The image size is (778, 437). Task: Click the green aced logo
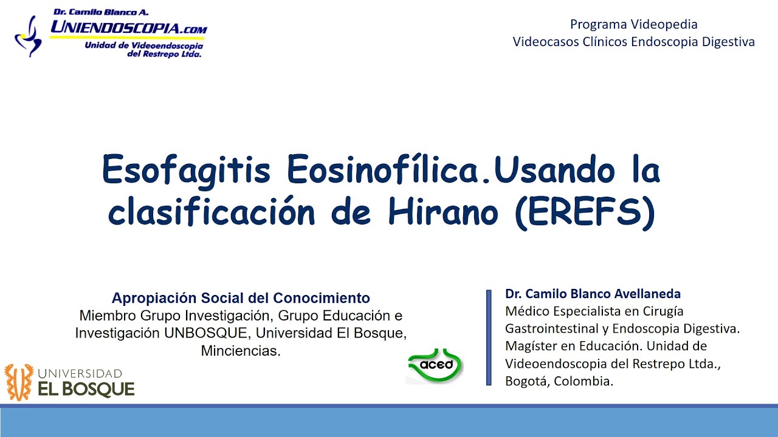(x=436, y=365)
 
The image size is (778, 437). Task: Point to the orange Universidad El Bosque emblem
(x=19, y=382)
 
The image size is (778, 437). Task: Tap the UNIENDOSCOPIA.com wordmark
(x=128, y=27)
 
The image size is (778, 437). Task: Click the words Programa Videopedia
(x=633, y=24)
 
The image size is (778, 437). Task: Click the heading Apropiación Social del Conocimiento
(x=241, y=298)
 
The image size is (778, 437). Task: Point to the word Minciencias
(x=241, y=351)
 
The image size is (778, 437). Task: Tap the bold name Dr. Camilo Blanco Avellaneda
(x=593, y=294)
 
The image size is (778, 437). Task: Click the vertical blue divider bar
(x=489, y=337)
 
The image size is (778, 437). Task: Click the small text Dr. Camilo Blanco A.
(x=101, y=12)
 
